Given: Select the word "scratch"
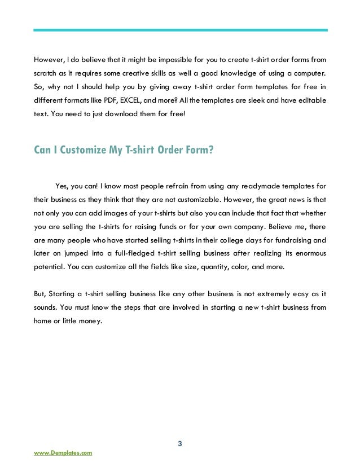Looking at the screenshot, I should coord(44,74).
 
